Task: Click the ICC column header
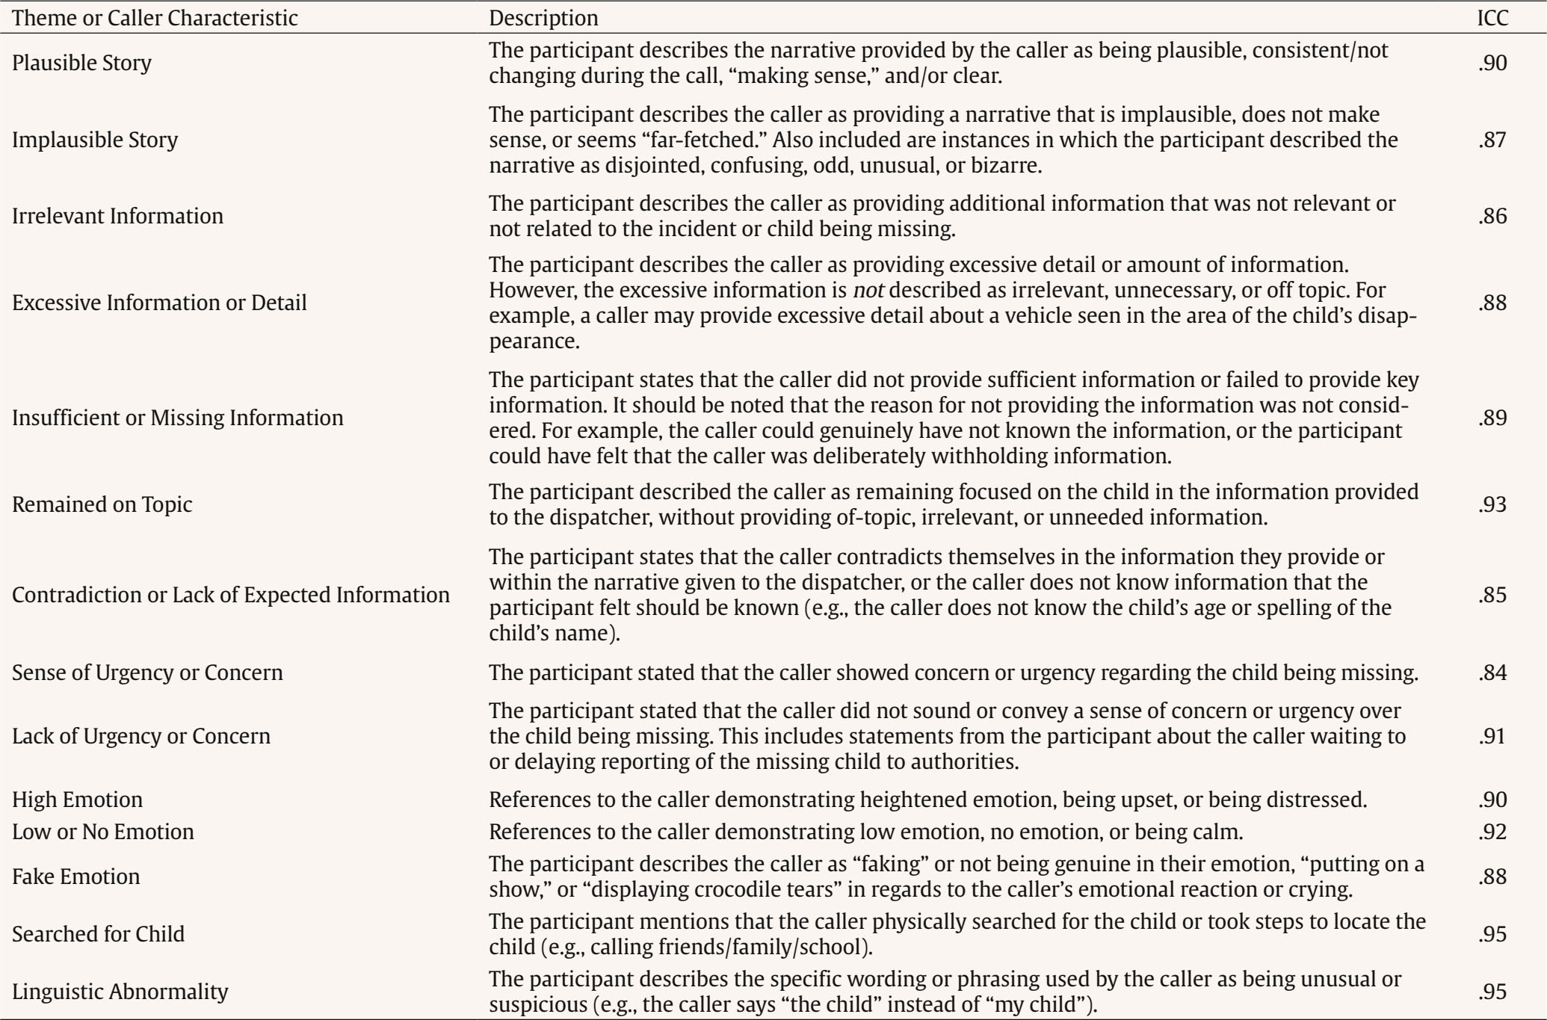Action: coord(1492,18)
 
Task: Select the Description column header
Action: coord(543,18)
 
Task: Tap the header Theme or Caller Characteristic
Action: coord(155,18)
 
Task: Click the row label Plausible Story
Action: coord(81,63)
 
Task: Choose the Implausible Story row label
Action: coord(95,140)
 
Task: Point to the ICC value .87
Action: coord(1492,140)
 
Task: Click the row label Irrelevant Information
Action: coord(117,216)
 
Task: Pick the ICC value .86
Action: coord(1492,216)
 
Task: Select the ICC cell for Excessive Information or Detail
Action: coord(1492,303)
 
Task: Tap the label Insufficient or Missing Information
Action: coord(177,417)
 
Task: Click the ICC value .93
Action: coord(1492,504)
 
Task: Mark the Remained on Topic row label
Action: coord(102,504)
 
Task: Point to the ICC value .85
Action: coord(1492,595)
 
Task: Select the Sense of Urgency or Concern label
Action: coord(147,673)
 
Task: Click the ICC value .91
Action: coord(1492,736)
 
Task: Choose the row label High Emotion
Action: coord(77,800)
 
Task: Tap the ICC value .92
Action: coord(1492,832)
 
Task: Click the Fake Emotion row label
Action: coord(75,876)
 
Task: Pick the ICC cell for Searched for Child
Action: coord(1492,934)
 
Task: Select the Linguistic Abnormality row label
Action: coord(120,992)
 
